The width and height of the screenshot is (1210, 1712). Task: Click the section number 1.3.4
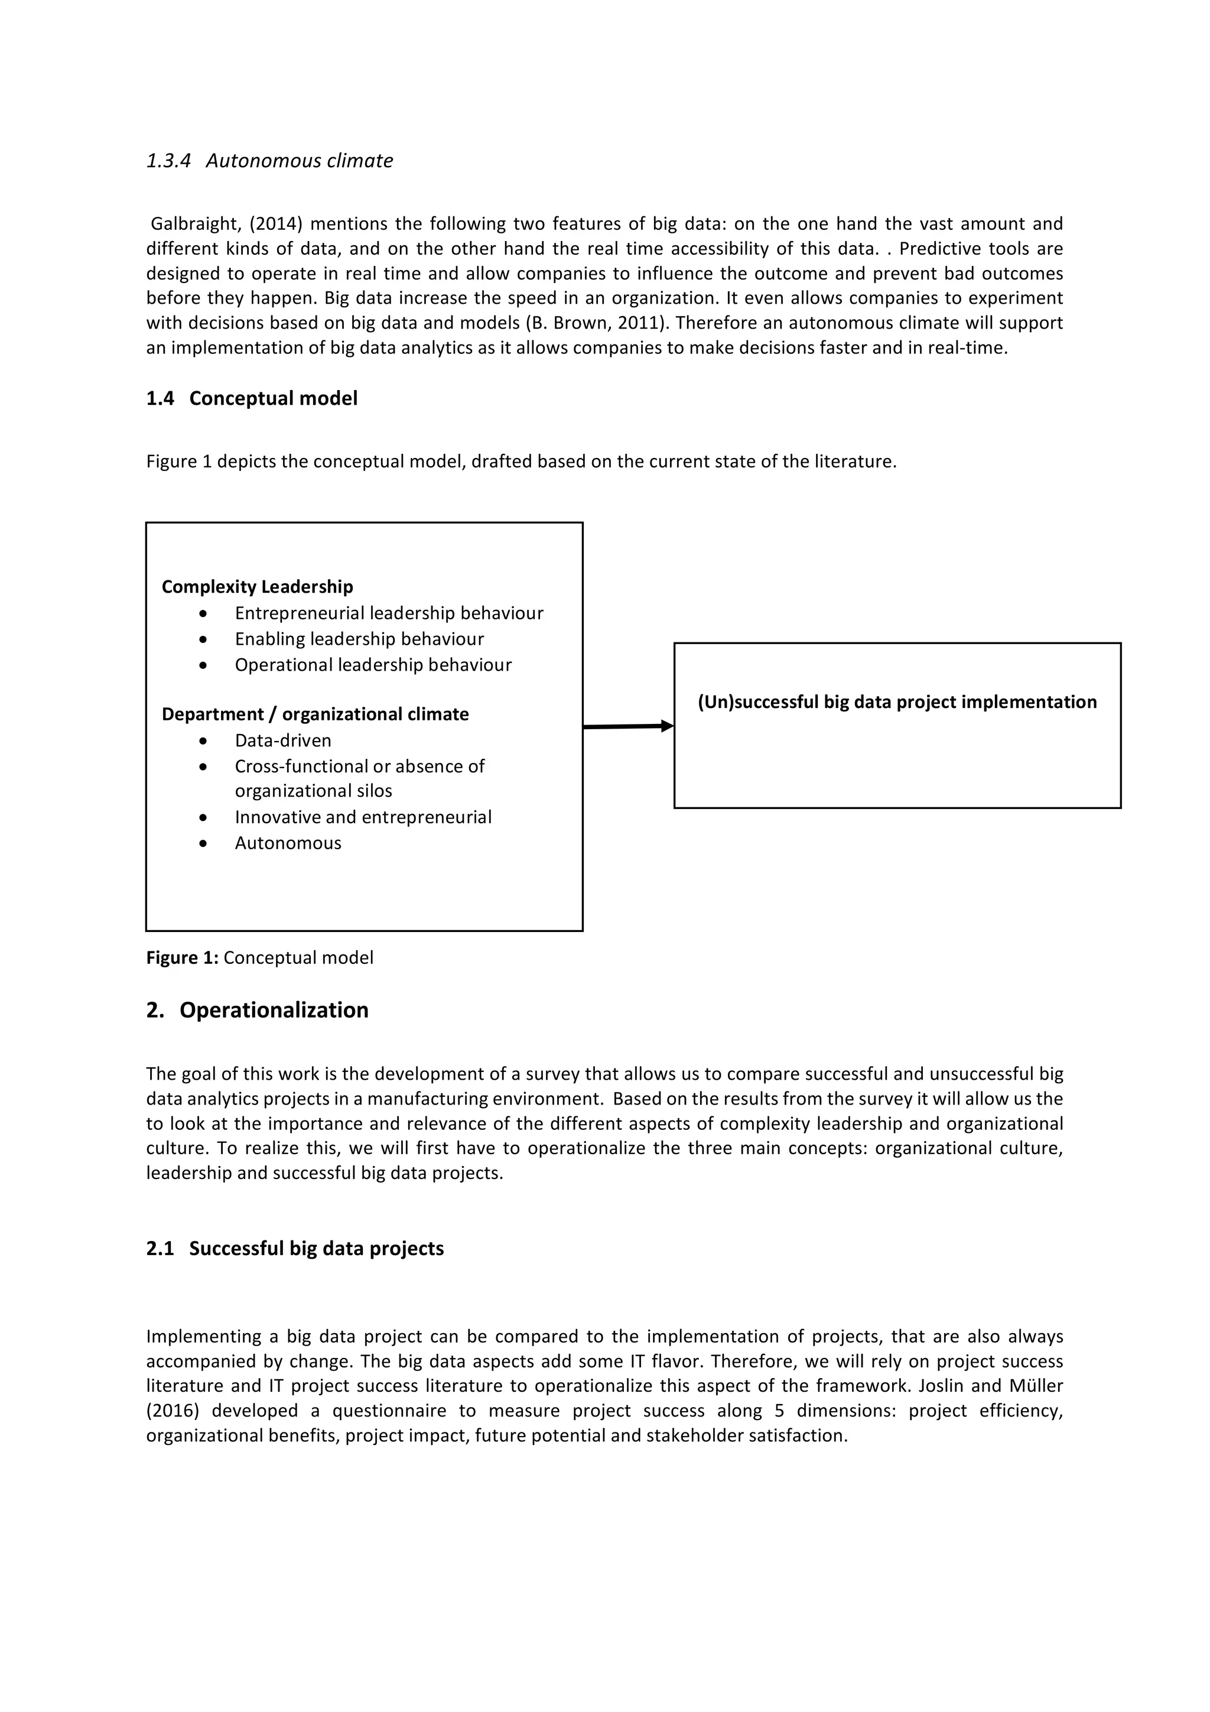point(168,161)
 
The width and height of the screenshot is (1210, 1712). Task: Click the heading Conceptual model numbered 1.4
point(273,399)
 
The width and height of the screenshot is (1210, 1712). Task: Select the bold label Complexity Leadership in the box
point(257,587)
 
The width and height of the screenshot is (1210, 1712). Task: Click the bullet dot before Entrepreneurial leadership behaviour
point(203,613)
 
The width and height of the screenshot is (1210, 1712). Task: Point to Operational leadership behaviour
point(373,665)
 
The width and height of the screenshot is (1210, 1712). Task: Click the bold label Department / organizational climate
point(315,714)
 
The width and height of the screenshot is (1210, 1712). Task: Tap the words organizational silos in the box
point(313,791)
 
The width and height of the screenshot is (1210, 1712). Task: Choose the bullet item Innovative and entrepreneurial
point(363,817)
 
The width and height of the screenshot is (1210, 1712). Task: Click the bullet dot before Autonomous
point(203,843)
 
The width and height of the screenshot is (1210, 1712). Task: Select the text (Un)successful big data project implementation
point(897,703)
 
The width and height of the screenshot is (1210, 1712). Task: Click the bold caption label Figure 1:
point(182,958)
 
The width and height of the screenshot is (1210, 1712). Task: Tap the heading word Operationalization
point(274,1011)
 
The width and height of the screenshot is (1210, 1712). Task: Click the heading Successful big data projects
point(316,1249)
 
